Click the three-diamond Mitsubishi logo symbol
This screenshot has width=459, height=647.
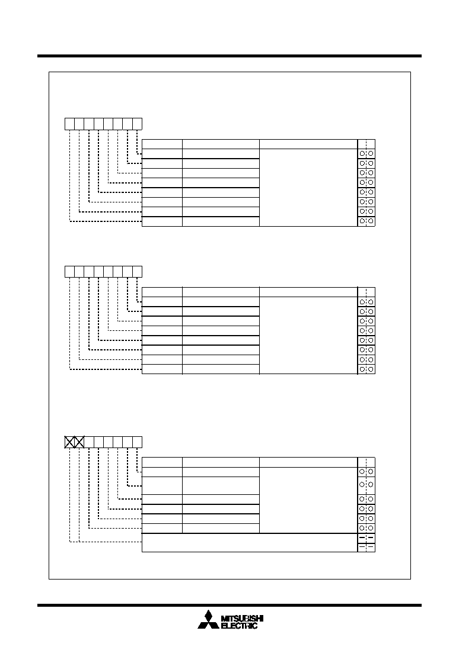coord(208,620)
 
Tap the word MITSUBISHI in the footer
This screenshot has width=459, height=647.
coord(242,619)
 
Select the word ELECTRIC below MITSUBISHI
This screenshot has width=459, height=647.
coord(240,626)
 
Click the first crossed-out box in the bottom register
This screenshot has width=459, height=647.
coord(70,442)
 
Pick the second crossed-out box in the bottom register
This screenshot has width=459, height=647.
coord(79,442)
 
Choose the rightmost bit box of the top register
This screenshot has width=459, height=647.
coord(138,124)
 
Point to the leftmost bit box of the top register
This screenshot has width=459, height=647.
coord(70,124)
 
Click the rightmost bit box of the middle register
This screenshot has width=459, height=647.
coord(138,272)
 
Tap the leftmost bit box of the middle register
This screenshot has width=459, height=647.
coord(70,272)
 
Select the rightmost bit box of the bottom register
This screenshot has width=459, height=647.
coord(138,442)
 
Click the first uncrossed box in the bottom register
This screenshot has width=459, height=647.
coord(89,442)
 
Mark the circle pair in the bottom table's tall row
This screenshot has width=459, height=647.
coord(366,484)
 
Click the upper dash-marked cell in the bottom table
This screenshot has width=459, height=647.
coord(366,538)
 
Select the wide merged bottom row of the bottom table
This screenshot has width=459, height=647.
coord(250,543)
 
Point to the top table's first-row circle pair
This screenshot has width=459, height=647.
coord(366,153)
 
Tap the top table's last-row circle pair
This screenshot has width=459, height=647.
coord(366,221)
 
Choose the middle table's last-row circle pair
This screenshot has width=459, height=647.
coord(366,369)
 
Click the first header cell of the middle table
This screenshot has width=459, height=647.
coord(162,292)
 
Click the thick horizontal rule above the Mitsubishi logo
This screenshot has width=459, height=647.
coord(230,606)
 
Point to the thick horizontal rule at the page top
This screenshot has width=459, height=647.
coord(230,56)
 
